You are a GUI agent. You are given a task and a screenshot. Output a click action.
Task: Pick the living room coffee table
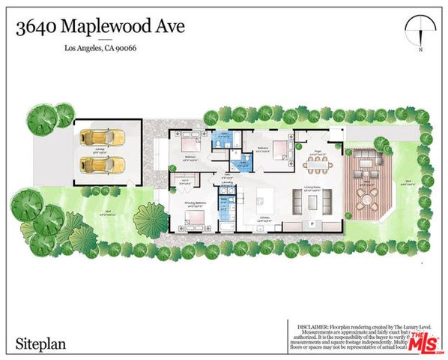coord(309,201)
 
